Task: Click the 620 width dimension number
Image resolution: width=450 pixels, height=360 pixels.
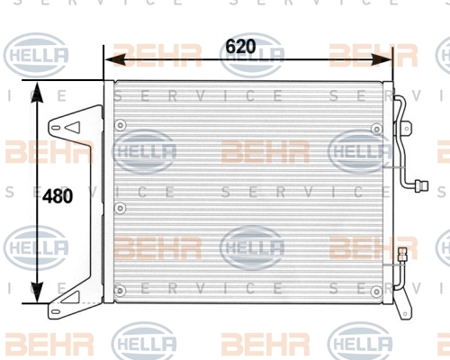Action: pos(240,47)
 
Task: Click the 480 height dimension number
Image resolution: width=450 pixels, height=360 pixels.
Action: pos(58,196)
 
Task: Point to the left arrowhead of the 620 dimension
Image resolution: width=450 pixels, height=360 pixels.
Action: pos(115,59)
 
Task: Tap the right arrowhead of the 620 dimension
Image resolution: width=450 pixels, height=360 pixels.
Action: pos(382,59)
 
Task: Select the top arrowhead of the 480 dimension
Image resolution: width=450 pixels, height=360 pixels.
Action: pos(37,92)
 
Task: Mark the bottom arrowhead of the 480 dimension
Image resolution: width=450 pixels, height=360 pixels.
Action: pos(37,292)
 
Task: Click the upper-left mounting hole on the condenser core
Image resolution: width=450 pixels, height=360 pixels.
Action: pos(121,125)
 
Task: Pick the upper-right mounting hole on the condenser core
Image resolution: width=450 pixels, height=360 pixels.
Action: pos(376,130)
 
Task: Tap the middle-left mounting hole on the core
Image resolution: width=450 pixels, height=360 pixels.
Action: pos(121,208)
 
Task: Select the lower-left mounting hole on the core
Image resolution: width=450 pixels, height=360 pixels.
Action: pos(120,291)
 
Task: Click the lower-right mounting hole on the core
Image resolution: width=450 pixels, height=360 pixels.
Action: pos(376,291)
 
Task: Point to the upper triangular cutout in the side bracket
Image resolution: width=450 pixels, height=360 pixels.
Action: pos(73,128)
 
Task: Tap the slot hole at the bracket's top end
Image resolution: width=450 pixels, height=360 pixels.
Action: pos(55,128)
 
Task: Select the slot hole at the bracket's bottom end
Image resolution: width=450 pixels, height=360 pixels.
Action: pos(56,311)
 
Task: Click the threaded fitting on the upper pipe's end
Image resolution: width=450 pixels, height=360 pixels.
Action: pos(421,186)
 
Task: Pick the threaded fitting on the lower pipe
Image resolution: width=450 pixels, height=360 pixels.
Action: pos(401,255)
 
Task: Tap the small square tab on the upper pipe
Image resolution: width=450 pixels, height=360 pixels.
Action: pos(407,128)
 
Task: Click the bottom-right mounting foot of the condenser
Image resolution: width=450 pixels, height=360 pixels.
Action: pos(402,308)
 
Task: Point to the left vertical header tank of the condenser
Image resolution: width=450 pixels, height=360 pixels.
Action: pos(109,192)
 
